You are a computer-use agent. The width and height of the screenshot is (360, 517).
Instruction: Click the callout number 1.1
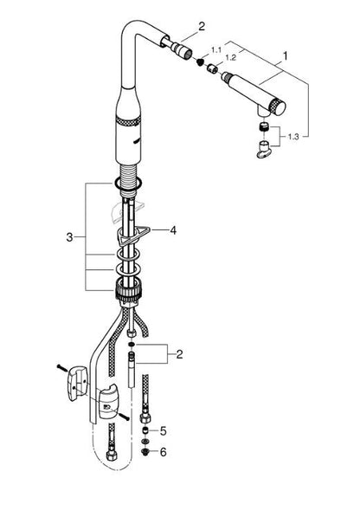[x=216, y=50]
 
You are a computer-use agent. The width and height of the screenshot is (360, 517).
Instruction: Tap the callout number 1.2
[x=231, y=58]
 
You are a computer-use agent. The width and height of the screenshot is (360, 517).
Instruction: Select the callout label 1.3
[x=293, y=137]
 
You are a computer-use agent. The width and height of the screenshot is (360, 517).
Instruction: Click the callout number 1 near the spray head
[x=286, y=56]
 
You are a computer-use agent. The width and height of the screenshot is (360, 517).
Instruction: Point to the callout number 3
[x=69, y=236]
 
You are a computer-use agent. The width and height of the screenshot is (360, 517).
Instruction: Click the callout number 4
[x=173, y=230]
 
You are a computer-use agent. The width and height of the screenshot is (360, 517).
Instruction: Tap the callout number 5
[x=164, y=431]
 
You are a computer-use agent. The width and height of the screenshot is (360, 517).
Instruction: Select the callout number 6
[x=163, y=452]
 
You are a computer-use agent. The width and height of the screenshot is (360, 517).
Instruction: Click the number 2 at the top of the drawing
[x=202, y=26]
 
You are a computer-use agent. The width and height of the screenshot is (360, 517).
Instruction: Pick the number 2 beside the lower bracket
[x=179, y=354]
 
